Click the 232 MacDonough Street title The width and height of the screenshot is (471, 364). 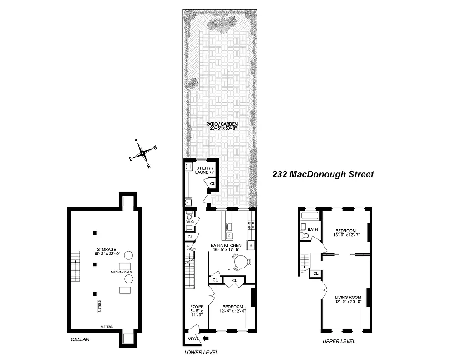pos(323,174)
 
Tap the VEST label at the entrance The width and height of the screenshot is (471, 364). pos(192,339)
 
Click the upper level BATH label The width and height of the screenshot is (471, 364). pos(312,230)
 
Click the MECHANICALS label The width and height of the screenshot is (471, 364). pos(121,272)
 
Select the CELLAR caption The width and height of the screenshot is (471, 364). pos(80,339)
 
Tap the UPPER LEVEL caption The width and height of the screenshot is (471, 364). pos(339,341)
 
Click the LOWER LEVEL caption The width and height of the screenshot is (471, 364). pos(201,352)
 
